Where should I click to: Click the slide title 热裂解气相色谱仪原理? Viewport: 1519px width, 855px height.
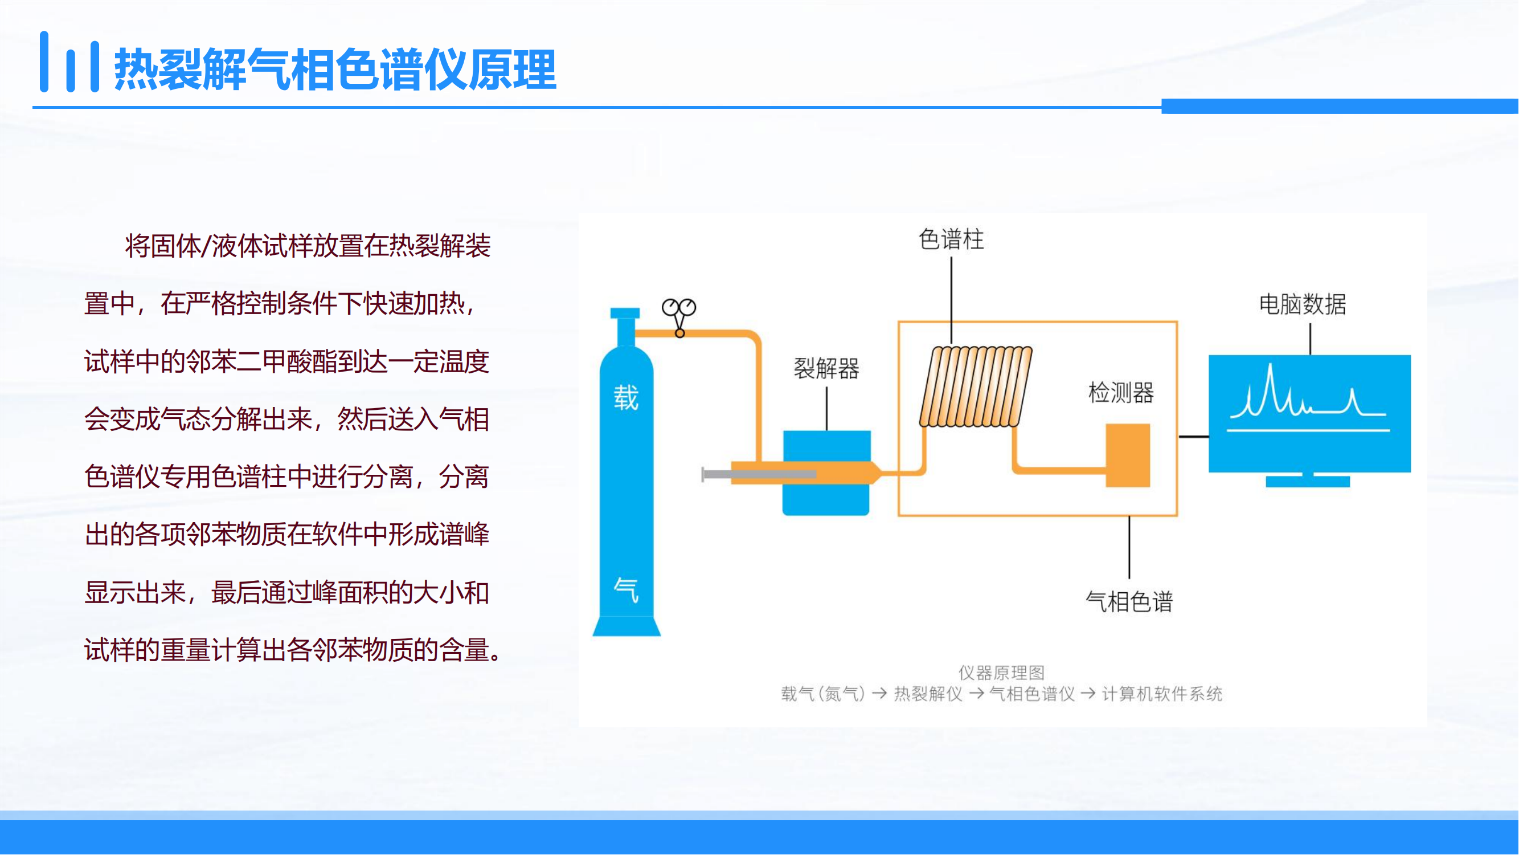(335, 70)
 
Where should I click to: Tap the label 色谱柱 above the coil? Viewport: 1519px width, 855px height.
(951, 239)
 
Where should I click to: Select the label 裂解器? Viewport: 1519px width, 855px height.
(826, 368)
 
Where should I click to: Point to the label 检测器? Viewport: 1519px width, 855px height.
(1121, 392)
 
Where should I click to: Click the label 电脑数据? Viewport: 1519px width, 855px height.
(1303, 304)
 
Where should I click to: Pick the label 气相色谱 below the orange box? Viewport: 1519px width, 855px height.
(1129, 602)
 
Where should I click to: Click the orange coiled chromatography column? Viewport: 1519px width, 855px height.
(976, 386)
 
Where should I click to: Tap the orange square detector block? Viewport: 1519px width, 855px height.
(1128, 455)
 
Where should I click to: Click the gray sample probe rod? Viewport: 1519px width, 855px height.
(759, 474)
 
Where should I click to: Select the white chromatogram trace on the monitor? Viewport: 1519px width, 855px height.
(1308, 398)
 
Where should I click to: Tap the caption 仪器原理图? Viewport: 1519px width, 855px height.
(1001, 673)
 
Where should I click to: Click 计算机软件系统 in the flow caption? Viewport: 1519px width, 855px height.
(1162, 694)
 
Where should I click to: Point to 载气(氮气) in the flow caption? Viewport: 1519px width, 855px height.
(822, 694)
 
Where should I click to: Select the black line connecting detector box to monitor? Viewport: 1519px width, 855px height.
(1194, 437)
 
